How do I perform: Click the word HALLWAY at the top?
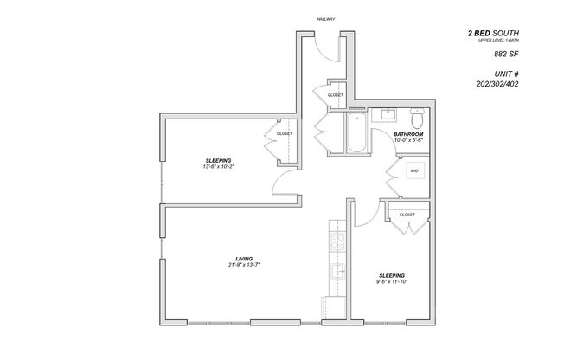[x=325, y=18]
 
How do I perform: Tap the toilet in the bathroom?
[x=416, y=114]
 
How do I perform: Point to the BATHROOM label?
[x=408, y=135]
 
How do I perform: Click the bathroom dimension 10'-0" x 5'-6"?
[x=408, y=141]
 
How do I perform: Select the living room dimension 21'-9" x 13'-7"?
[x=245, y=265]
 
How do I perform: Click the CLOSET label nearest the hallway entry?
[x=336, y=94]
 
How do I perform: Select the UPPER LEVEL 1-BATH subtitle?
[x=498, y=41]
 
